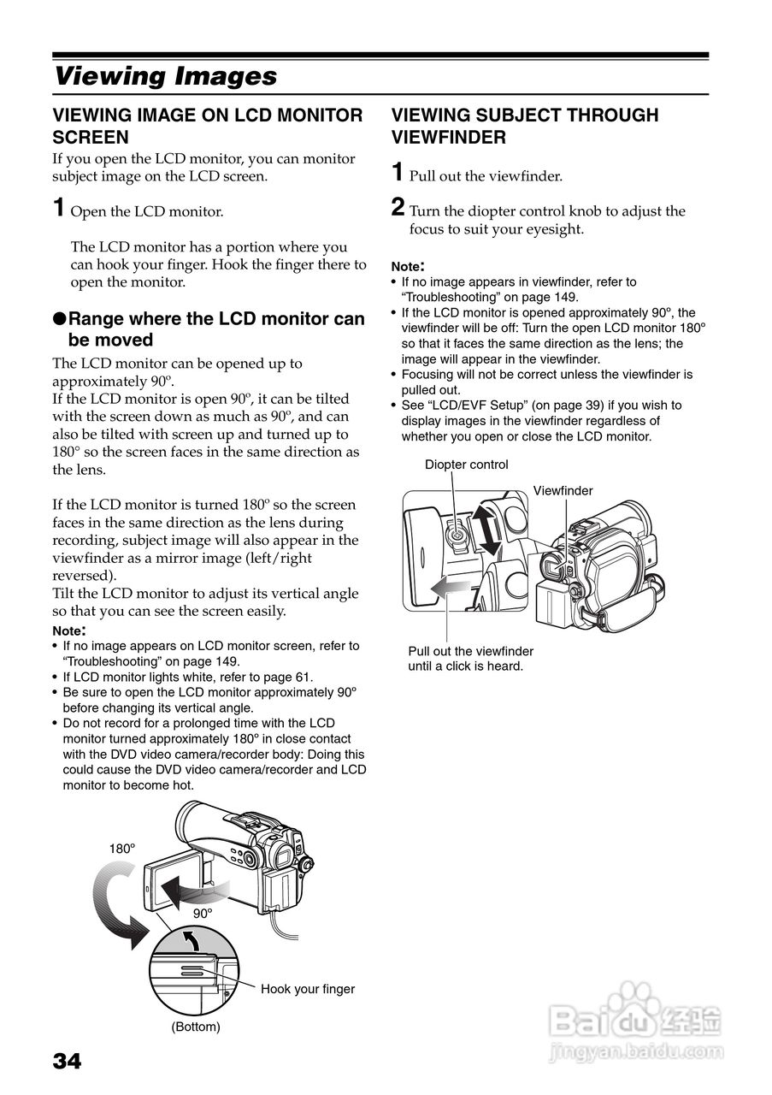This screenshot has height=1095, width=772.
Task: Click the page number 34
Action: tap(68, 1062)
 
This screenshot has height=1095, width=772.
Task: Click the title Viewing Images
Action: tap(165, 76)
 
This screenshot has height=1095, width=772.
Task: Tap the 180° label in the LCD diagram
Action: tap(122, 849)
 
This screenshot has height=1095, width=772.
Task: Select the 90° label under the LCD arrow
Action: tap(202, 913)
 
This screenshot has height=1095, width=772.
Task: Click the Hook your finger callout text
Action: tap(307, 989)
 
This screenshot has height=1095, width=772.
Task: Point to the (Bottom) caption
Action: tap(195, 1027)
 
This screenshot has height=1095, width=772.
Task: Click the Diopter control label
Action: tap(466, 465)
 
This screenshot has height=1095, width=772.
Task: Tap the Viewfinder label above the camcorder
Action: tap(563, 491)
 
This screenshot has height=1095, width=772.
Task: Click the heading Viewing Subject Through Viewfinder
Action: tap(524, 126)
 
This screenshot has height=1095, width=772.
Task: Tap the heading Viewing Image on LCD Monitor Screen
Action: tap(208, 126)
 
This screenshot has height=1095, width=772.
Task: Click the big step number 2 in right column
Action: tap(398, 208)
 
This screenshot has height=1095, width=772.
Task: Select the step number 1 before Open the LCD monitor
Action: tap(59, 208)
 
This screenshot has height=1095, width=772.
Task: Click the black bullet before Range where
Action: tap(59, 319)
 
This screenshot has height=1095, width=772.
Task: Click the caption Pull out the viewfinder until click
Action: tap(470, 659)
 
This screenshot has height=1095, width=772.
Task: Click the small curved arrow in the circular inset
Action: tap(195, 942)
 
